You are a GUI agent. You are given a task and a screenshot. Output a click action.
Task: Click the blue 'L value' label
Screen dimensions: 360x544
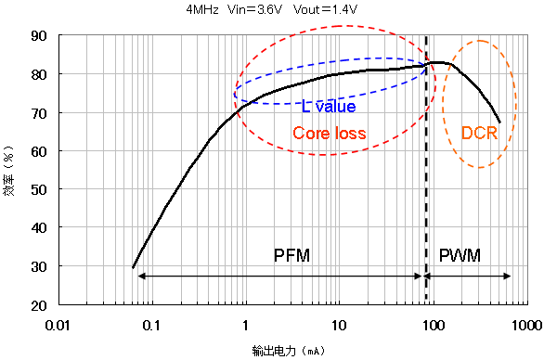pyautogui.click(x=329, y=107)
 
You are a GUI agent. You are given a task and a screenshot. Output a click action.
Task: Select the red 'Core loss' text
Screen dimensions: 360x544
pyautogui.click(x=329, y=134)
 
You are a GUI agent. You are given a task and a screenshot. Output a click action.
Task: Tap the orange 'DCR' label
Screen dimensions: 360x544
pyautogui.click(x=479, y=134)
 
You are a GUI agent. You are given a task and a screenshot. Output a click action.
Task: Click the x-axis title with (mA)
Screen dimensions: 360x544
pyautogui.click(x=290, y=351)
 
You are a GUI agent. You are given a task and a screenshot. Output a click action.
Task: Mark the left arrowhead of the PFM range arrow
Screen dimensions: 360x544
pyautogui.click(x=138, y=276)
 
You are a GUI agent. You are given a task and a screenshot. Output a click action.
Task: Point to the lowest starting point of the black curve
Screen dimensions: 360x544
pyautogui.click(x=133, y=268)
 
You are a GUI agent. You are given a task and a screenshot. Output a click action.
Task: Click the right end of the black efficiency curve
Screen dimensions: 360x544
pyautogui.click(x=499, y=122)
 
